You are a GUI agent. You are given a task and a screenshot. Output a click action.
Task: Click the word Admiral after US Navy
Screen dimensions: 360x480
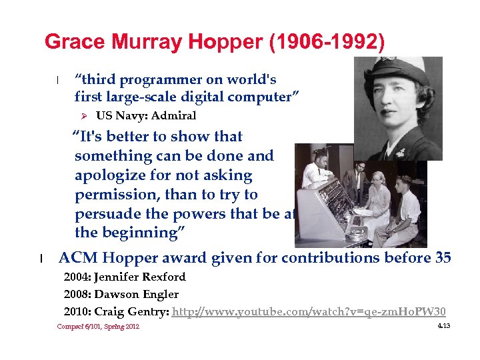pyautogui.click(x=173, y=116)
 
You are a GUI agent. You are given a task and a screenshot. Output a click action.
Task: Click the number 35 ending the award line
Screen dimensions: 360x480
pyautogui.click(x=443, y=258)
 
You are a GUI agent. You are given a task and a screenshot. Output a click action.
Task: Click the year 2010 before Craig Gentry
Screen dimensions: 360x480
pyautogui.click(x=77, y=311)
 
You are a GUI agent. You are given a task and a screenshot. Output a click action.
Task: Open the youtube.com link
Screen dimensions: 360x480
pyautogui.click(x=309, y=311)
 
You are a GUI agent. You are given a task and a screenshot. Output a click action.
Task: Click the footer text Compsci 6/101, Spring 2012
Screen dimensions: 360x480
pyautogui.click(x=98, y=327)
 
